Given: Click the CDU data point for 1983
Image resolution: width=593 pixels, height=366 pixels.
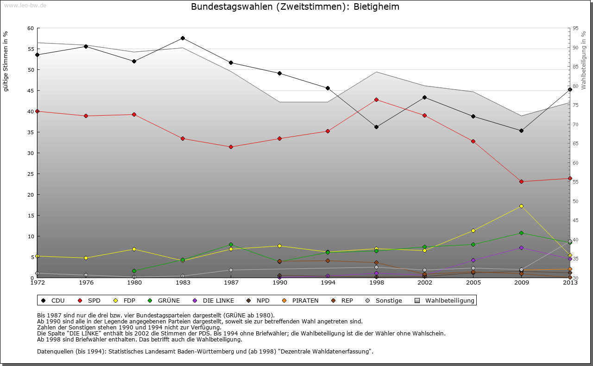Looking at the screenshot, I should [x=183, y=38].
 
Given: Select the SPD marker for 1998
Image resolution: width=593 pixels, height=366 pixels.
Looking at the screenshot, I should [x=376, y=99].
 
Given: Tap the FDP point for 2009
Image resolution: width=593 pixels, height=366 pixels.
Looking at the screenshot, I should [x=521, y=206].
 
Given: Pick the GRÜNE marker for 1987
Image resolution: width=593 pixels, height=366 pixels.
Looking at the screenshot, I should [x=231, y=244].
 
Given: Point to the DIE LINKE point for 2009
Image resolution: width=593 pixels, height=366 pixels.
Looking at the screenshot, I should [x=521, y=248].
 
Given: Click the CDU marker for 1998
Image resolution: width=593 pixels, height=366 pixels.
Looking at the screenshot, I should [x=376, y=127].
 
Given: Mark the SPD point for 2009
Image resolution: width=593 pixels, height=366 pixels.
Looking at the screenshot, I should [x=521, y=181].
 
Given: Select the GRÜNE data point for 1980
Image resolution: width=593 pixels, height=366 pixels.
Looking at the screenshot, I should [x=134, y=271].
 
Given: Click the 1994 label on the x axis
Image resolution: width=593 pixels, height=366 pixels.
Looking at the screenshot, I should [x=328, y=282].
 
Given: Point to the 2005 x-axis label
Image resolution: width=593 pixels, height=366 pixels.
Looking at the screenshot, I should [x=473, y=282].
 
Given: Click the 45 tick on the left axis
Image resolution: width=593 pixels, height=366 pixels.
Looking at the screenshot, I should [x=31, y=91].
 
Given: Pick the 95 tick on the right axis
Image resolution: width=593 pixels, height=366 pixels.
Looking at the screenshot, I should [x=575, y=28].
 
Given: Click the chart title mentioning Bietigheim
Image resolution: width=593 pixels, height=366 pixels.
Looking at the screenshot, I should [x=295, y=7].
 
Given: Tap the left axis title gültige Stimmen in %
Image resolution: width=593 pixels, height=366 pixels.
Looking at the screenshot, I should [x=6, y=62].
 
